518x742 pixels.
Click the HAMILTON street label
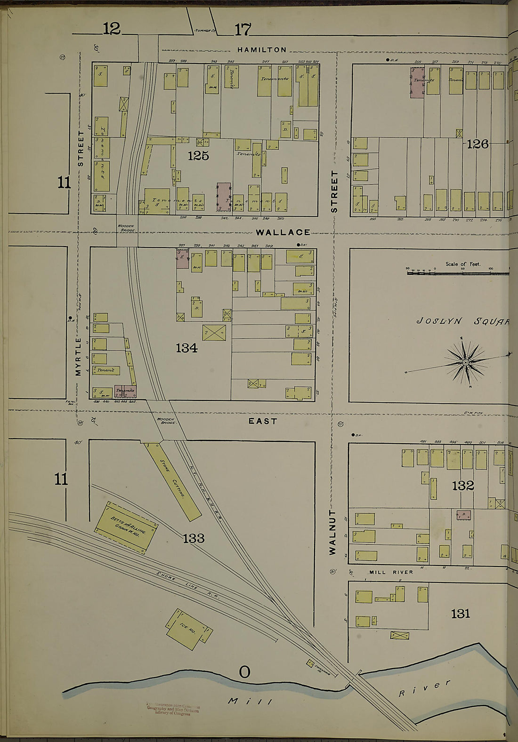(x=261, y=49)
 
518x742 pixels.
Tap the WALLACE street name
(x=283, y=232)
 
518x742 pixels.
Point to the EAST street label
(x=263, y=421)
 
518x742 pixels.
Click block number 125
(x=198, y=156)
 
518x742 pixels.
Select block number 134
(x=186, y=348)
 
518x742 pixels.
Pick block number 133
(x=194, y=538)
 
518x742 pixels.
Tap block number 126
(x=478, y=144)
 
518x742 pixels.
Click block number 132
(x=462, y=486)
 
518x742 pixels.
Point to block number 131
(x=460, y=613)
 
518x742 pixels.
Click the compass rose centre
(x=465, y=362)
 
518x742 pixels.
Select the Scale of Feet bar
(x=457, y=272)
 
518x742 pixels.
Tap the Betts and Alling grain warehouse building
(x=127, y=527)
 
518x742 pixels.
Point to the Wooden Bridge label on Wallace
(x=126, y=228)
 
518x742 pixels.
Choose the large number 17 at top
(x=243, y=30)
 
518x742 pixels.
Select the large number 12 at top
(x=112, y=29)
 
